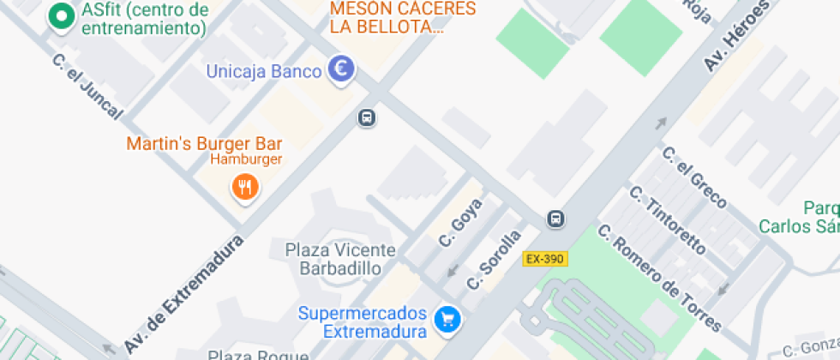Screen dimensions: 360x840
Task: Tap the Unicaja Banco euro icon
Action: pyautogui.click(x=341, y=70)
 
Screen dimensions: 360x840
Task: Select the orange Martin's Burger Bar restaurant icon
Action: pyautogui.click(x=245, y=186)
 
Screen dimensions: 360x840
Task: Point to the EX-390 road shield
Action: pyautogui.click(x=545, y=258)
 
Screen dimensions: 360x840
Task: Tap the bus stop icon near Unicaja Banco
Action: pyautogui.click(x=366, y=117)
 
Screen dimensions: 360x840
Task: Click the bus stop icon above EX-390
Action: pyautogui.click(x=556, y=219)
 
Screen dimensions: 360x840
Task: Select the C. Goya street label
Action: pyautogui.click(x=460, y=223)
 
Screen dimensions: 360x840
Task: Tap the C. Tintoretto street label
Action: pyautogui.click(x=668, y=220)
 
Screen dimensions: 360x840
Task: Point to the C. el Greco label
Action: pyautogui.click(x=694, y=178)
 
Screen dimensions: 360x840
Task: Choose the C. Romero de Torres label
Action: pyautogui.click(x=660, y=279)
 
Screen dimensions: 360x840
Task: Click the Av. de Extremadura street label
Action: pyautogui.click(x=183, y=294)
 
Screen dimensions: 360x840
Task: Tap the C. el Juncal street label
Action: pyautogui.click(x=87, y=87)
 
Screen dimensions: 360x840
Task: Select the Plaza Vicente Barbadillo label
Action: pyautogui.click(x=340, y=259)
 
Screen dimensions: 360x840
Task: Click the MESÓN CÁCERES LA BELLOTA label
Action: pyautogui.click(x=402, y=17)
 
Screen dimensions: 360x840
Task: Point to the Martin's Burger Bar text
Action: pyautogui.click(x=204, y=143)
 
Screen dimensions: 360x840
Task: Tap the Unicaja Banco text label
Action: pyautogui.click(x=262, y=71)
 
